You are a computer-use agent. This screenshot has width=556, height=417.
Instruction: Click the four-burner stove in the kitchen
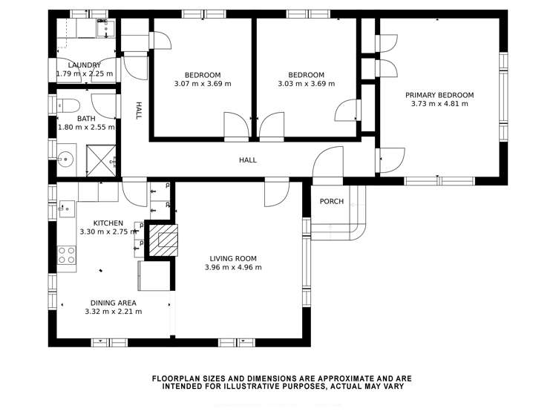[x=66, y=255]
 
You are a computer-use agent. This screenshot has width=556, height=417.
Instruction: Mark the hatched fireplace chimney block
[x=164, y=240]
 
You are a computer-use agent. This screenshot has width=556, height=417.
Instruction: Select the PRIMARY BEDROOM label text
[x=439, y=95]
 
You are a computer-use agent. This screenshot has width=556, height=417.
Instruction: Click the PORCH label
[x=331, y=201]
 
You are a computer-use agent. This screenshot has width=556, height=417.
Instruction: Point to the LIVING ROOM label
[x=232, y=259]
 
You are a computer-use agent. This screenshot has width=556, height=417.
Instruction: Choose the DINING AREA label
[x=113, y=303]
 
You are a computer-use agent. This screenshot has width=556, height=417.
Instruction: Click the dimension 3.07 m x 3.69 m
[x=203, y=84]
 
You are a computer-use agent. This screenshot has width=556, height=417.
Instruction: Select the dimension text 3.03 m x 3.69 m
[x=306, y=84]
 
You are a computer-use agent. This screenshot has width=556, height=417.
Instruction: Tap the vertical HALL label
[x=138, y=111]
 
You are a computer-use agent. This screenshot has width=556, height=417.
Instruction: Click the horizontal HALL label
[x=247, y=160]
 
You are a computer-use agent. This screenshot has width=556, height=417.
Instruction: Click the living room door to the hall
[x=276, y=193]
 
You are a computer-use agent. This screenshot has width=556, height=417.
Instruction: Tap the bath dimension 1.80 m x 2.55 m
[x=86, y=127]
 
